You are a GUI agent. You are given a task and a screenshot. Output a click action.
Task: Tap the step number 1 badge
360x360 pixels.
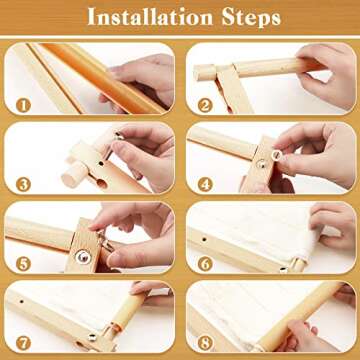click(23, 102)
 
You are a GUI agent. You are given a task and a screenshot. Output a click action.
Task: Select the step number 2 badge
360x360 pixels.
click(205, 102)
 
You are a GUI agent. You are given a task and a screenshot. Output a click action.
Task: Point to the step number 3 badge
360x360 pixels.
click(23, 182)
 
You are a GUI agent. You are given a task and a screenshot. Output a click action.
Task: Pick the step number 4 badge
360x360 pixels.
click(205, 182)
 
